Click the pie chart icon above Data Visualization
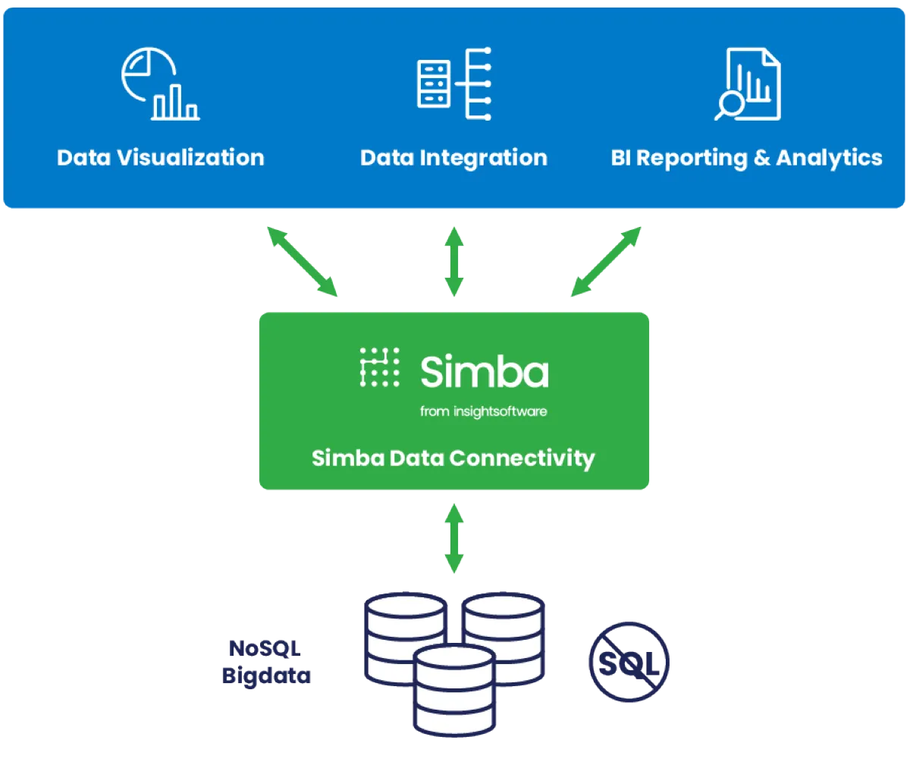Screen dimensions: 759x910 point(159,84)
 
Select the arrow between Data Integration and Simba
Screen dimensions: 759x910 point(453,261)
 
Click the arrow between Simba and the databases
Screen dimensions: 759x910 point(453,537)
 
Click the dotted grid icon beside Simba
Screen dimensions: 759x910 point(379,368)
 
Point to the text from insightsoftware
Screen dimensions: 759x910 point(483,411)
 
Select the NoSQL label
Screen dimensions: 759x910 point(265,648)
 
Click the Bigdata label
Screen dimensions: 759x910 point(266,676)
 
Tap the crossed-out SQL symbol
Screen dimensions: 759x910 point(629,663)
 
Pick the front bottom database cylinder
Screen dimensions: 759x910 point(453,691)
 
